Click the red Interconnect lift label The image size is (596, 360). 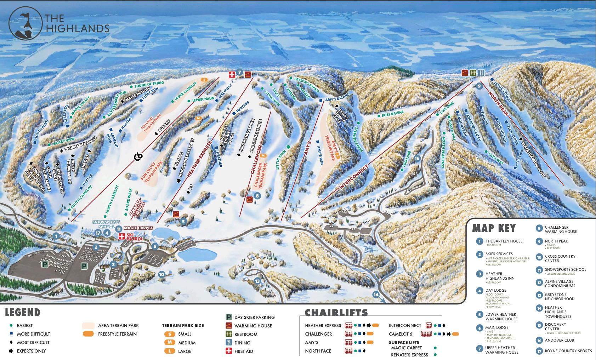[x=353, y=177]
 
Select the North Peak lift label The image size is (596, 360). [x=498, y=104]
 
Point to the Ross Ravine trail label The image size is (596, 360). [x=392, y=114]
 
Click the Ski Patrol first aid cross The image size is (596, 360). [x=121, y=236]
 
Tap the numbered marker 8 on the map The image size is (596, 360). [x=257, y=195]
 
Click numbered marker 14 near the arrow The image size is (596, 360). [x=376, y=295]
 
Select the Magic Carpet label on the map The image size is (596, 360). [x=138, y=228]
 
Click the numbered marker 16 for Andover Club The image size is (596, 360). [x=417, y=158]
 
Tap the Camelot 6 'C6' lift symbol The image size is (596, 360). [x=138, y=156]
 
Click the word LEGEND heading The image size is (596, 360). [x=23, y=313]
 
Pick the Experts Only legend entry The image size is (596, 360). [x=31, y=351]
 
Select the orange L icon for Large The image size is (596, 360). [x=170, y=351]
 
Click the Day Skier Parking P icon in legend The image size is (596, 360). [x=229, y=317]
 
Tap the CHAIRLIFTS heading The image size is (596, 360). [x=336, y=313]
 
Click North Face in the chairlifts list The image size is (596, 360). [x=318, y=351]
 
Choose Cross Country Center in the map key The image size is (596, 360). [x=560, y=258]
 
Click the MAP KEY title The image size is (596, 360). [x=494, y=228]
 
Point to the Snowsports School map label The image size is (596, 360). [x=106, y=224]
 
